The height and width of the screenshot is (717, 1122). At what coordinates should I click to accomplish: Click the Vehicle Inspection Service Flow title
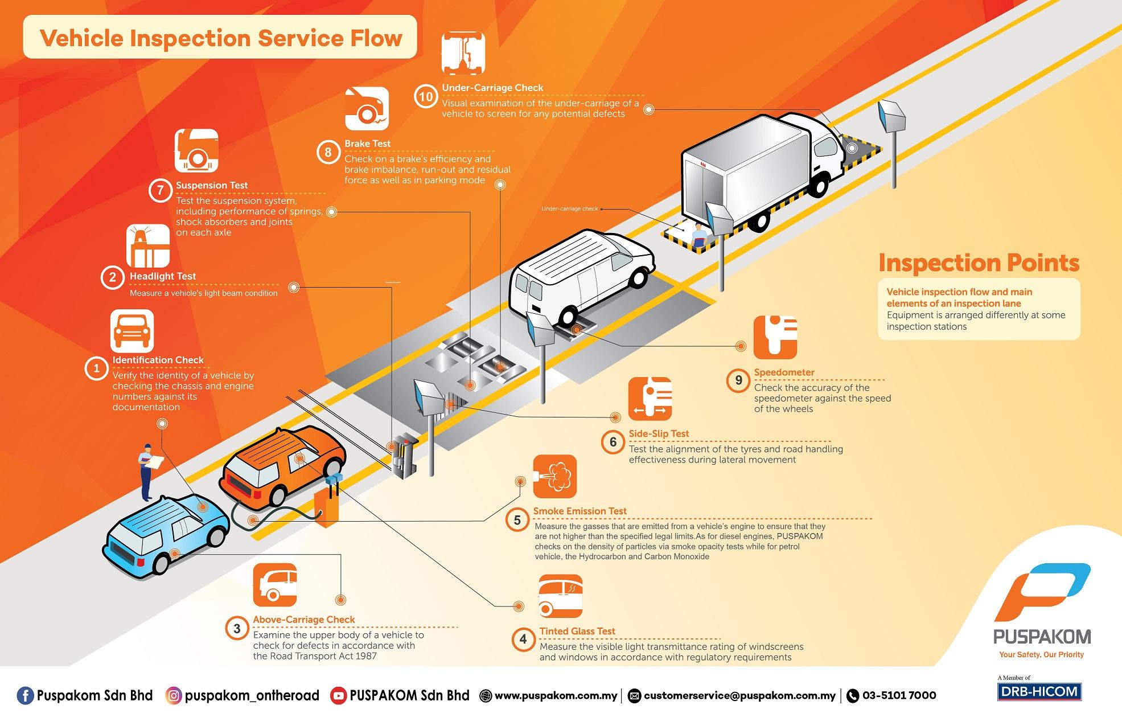(221, 38)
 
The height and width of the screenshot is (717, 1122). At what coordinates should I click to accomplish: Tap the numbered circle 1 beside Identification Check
(96, 368)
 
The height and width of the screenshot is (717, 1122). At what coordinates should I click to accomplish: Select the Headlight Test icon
(148, 246)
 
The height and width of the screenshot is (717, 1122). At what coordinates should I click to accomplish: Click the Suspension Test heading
(212, 185)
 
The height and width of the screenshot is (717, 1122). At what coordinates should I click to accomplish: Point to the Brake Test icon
(367, 108)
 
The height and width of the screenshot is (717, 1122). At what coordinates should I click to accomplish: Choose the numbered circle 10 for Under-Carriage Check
(426, 96)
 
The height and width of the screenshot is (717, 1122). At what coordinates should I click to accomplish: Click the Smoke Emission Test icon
(554, 477)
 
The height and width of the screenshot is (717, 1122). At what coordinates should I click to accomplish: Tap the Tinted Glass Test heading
(577, 631)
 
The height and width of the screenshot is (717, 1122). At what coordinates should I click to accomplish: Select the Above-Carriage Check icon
(275, 585)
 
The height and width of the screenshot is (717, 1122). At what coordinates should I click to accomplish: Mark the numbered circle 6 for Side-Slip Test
(613, 443)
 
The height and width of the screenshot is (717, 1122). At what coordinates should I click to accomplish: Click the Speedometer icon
(775, 337)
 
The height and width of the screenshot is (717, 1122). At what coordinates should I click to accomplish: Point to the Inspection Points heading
(979, 263)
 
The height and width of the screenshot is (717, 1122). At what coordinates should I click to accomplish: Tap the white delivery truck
(763, 171)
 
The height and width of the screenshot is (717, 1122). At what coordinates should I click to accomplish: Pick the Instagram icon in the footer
(174, 695)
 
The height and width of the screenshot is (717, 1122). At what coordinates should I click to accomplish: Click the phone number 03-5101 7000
(899, 695)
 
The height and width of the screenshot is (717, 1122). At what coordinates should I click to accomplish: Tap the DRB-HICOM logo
(1039, 691)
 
